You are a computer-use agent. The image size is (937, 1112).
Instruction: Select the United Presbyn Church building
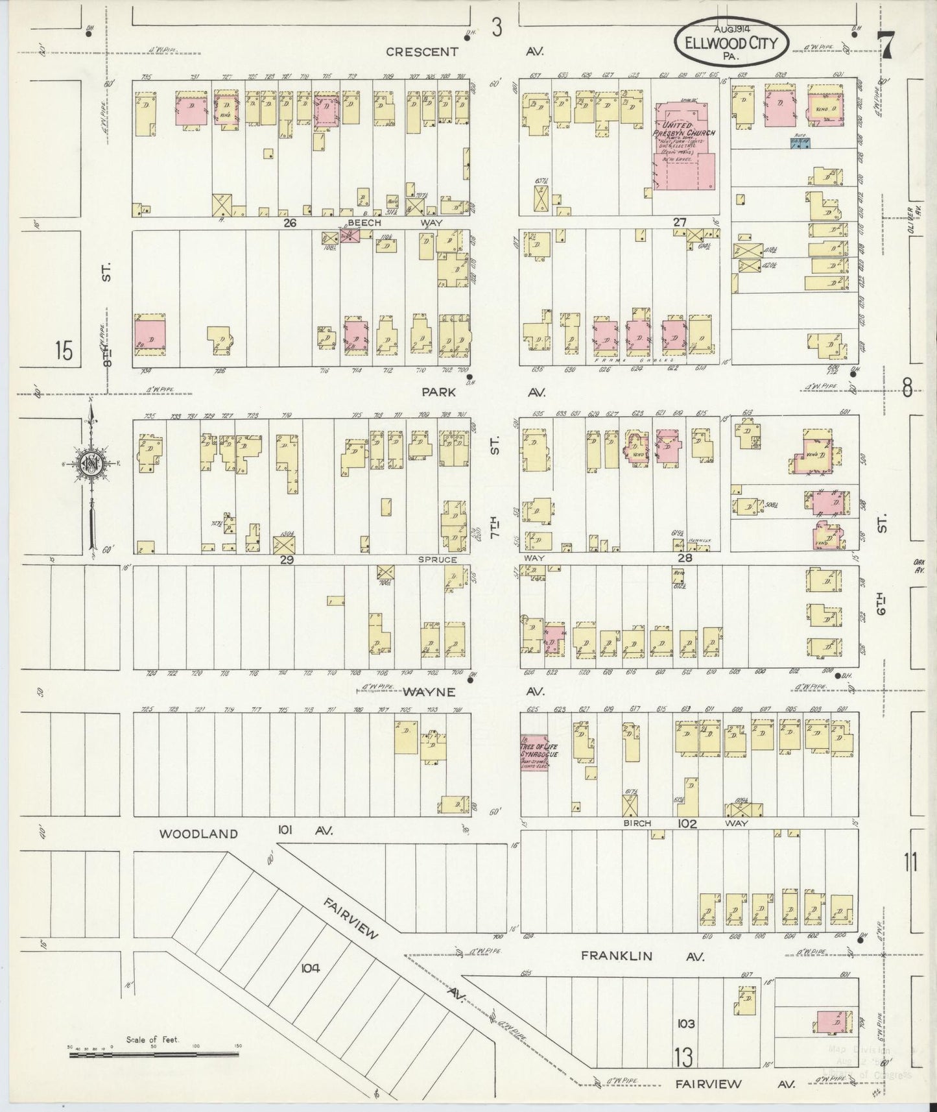[685, 148]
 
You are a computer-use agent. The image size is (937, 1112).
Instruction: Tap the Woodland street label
[199, 834]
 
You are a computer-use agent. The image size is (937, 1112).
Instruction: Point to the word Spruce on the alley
[437, 559]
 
